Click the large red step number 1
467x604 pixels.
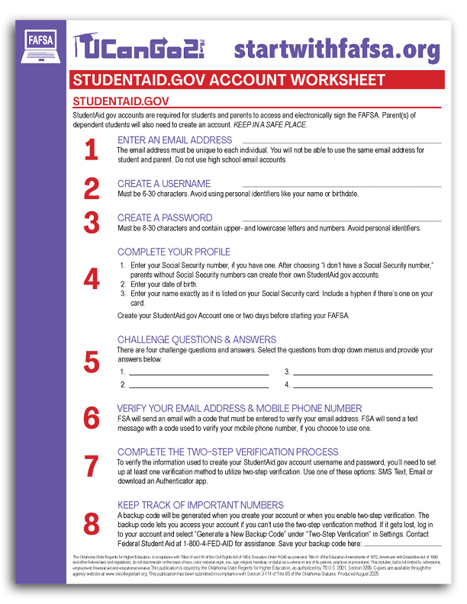(x=92, y=150)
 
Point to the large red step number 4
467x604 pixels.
(x=92, y=278)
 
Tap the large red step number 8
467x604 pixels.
(x=92, y=524)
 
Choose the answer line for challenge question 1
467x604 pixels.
(x=198, y=375)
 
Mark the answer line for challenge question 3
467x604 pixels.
(x=362, y=375)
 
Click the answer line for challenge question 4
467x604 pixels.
(x=362, y=388)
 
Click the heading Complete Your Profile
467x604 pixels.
(x=174, y=252)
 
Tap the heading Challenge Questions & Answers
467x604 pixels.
(x=197, y=340)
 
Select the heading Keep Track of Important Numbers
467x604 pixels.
(x=201, y=505)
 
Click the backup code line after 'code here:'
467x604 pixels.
(x=408, y=545)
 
